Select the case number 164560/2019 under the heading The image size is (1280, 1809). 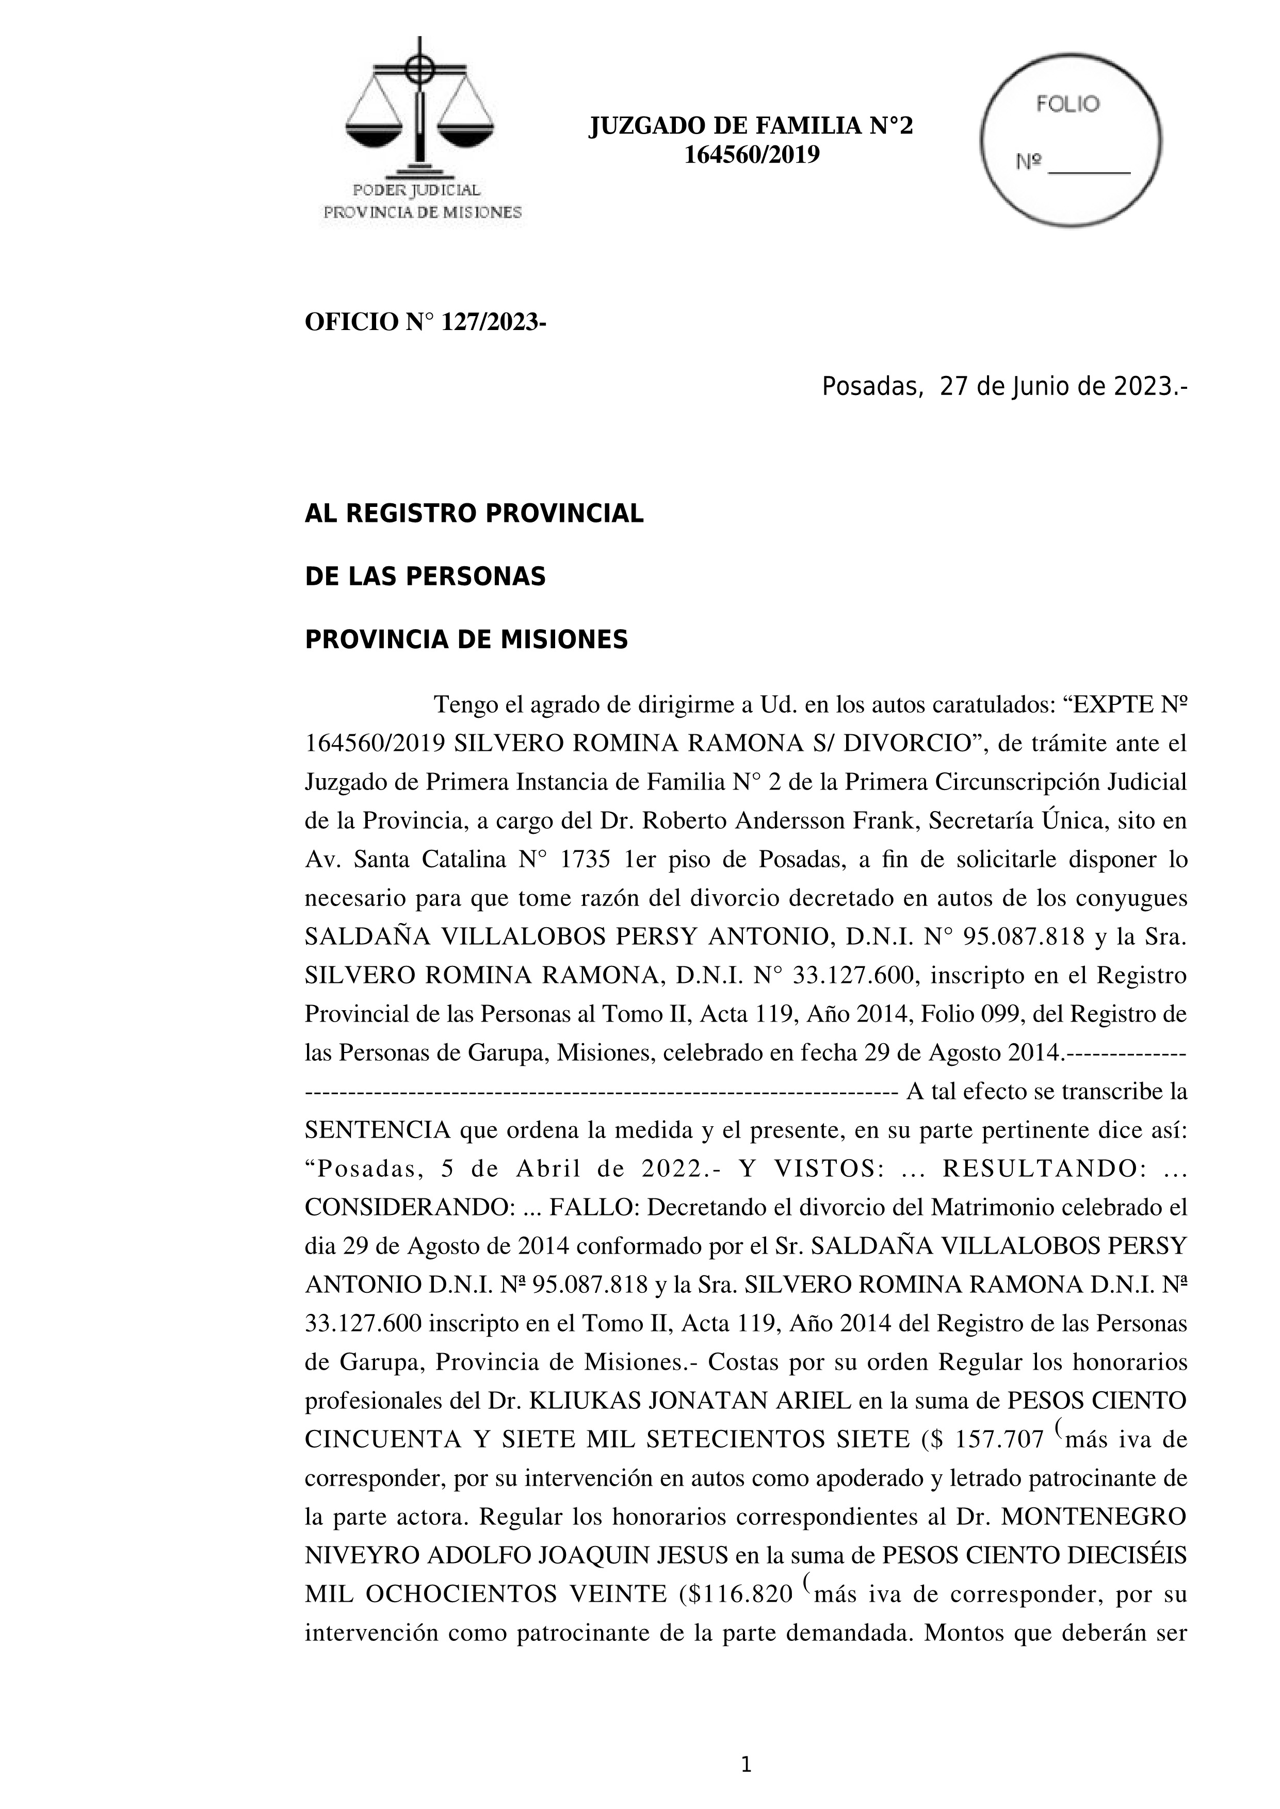tap(751, 155)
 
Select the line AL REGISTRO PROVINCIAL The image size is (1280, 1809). tap(474, 514)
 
